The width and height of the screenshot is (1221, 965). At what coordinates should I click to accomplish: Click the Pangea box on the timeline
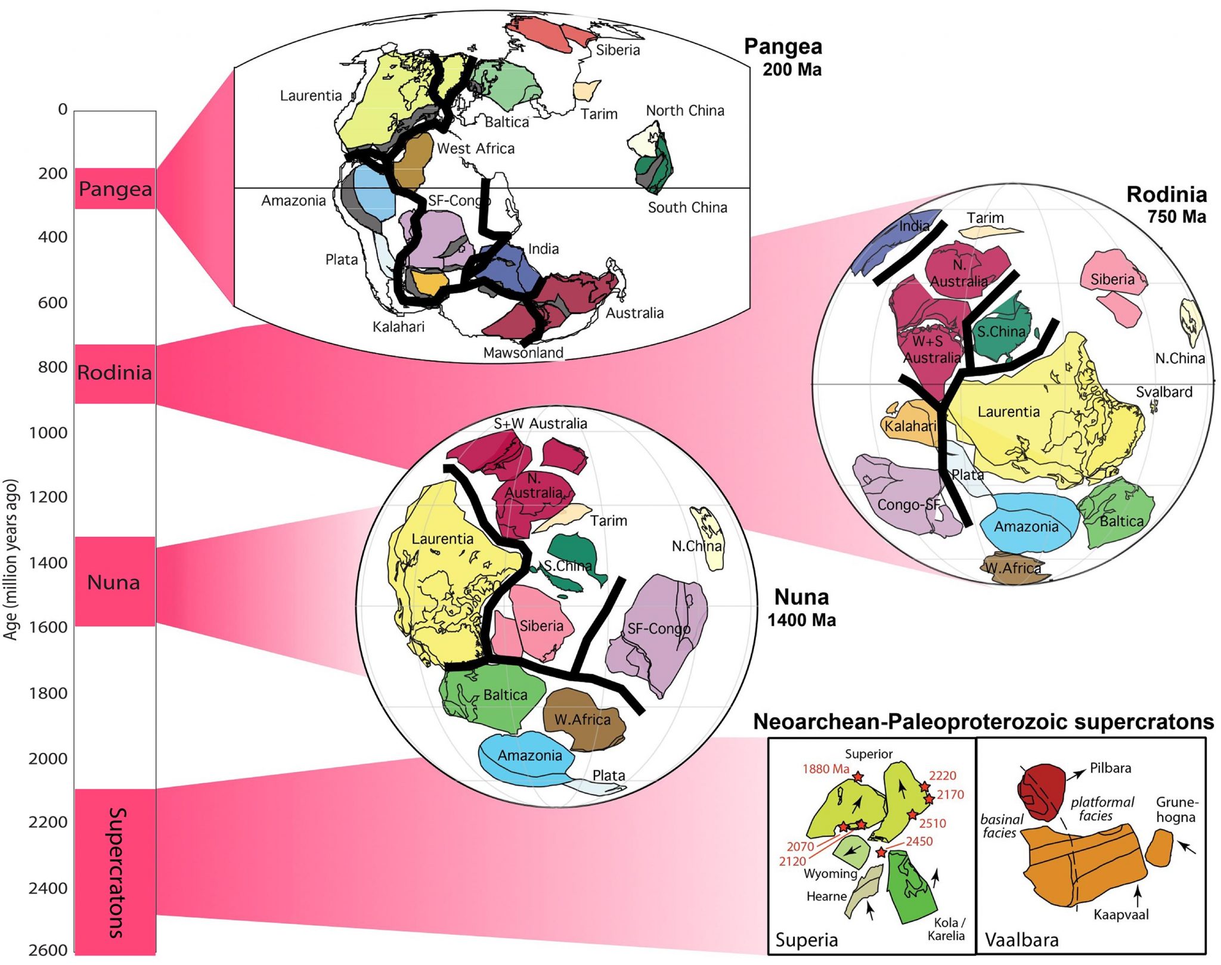115,189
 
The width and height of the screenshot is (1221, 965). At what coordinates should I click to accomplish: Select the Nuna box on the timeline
114,582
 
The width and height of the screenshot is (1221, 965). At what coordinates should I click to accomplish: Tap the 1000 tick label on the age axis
48,432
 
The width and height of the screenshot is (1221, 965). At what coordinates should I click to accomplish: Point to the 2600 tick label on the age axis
48,950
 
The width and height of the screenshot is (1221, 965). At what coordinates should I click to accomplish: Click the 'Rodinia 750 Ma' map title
1166,204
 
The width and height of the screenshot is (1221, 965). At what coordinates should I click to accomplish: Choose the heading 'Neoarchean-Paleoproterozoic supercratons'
983,722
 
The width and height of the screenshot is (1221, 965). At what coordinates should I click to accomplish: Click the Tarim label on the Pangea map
599,114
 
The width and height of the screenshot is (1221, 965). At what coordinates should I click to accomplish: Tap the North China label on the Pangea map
685,111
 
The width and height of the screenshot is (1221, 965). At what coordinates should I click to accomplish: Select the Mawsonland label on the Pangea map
523,353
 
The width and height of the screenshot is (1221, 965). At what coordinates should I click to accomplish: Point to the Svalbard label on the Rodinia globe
1164,392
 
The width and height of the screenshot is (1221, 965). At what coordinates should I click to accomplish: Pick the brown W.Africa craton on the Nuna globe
582,719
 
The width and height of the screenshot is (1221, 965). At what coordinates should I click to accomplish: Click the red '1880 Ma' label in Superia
826,769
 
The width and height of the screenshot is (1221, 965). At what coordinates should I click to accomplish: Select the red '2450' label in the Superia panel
919,841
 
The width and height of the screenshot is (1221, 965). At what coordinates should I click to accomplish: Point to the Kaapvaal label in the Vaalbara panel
1121,914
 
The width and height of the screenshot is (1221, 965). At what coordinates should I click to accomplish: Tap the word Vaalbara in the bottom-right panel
1021,940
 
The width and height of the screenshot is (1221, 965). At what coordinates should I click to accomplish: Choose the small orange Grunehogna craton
1159,848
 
